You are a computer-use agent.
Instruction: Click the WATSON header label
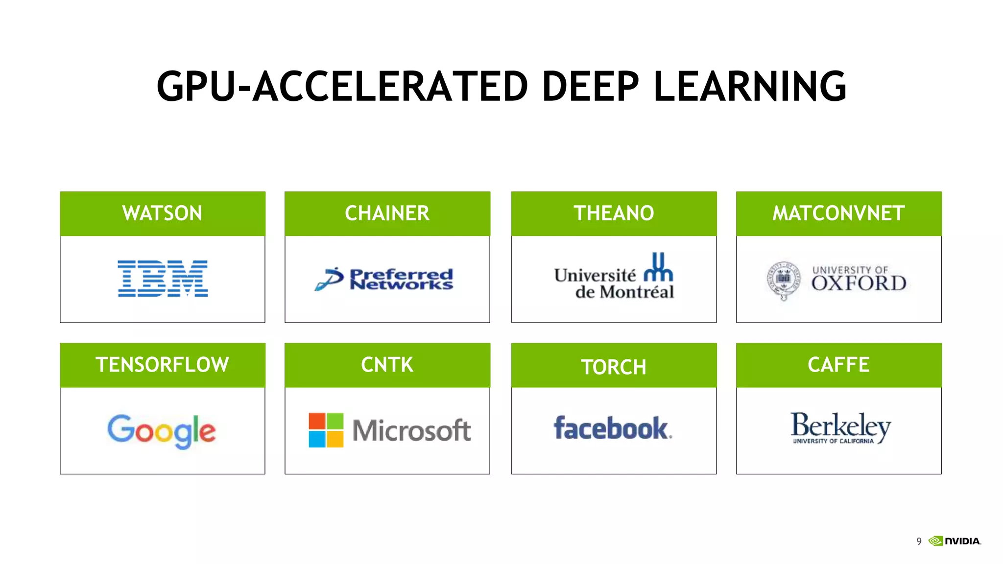click(x=162, y=213)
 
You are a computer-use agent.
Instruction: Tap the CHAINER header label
click(x=387, y=213)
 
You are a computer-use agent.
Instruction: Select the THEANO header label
click(x=614, y=213)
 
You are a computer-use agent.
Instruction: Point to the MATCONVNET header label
click(x=838, y=213)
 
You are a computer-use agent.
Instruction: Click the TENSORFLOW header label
click(x=162, y=365)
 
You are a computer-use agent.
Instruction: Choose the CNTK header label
click(x=387, y=365)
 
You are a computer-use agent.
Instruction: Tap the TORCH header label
click(x=614, y=367)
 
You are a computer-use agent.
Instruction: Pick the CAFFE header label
click(x=838, y=365)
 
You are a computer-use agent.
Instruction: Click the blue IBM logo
click(x=163, y=279)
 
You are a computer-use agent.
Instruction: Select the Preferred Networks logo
click(x=384, y=279)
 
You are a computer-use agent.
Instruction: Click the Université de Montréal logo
click(x=614, y=278)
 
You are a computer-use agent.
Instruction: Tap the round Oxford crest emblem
click(x=784, y=281)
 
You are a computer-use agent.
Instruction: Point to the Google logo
click(x=162, y=431)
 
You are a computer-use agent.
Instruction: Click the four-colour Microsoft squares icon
click(x=326, y=430)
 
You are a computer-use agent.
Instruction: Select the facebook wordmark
click(x=612, y=428)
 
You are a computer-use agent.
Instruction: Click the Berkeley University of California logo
click(x=840, y=427)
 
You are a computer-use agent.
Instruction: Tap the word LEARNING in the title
click(x=750, y=87)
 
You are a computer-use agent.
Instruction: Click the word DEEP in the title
click(x=591, y=87)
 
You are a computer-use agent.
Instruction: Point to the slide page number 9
click(x=919, y=541)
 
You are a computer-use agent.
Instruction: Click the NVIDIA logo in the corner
click(x=955, y=541)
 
